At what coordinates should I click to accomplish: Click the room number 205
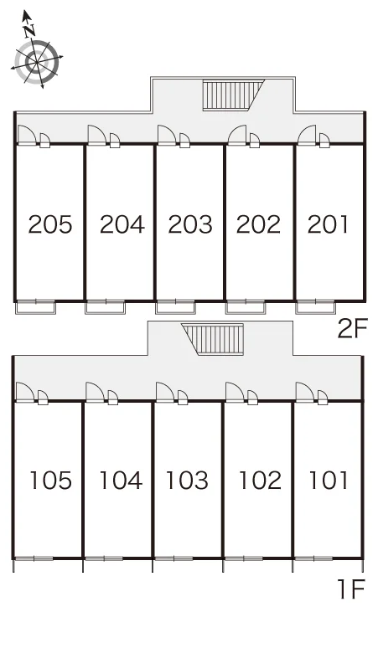point(50,225)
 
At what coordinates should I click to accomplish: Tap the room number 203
point(190,225)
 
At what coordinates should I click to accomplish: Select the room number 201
point(328,225)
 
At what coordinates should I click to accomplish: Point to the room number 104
point(121,481)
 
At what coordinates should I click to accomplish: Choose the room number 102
point(260,481)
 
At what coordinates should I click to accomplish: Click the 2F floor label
point(352,329)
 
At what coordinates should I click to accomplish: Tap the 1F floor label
point(351,589)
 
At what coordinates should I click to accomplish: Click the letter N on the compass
point(29,30)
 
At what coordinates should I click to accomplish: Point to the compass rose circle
point(37,62)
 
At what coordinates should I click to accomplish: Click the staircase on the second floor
point(233,95)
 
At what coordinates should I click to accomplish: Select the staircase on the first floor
point(213,339)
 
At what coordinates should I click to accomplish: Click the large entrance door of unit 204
point(97,135)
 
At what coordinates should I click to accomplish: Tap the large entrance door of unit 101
point(305,392)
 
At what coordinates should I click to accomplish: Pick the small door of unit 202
point(254,141)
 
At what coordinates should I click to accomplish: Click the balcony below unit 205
point(35,307)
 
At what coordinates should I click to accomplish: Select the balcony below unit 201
point(315,307)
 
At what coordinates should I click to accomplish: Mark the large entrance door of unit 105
point(25,392)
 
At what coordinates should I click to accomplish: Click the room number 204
point(122,225)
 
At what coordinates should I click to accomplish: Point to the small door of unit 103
point(183,398)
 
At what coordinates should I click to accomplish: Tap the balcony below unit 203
point(175,307)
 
